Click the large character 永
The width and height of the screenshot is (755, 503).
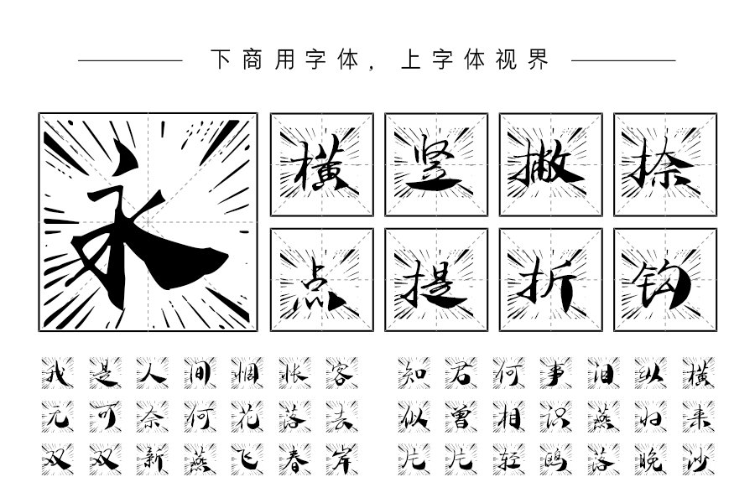tap(148, 222)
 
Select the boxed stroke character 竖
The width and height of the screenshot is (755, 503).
tap(435, 164)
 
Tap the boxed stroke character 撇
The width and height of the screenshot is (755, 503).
tap(550, 164)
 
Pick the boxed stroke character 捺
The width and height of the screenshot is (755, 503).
tap(665, 164)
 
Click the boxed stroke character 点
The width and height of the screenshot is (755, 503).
tap(321, 280)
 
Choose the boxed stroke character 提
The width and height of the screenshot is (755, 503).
tap(435, 280)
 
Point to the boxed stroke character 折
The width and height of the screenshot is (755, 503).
tap(550, 280)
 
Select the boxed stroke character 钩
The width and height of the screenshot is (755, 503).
tap(665, 280)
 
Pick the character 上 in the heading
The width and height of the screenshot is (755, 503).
tap(411, 60)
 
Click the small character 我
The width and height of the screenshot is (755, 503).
tap(57, 372)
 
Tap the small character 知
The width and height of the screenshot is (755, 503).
tap(414, 372)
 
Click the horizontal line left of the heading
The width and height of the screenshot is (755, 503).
tap(130, 60)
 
